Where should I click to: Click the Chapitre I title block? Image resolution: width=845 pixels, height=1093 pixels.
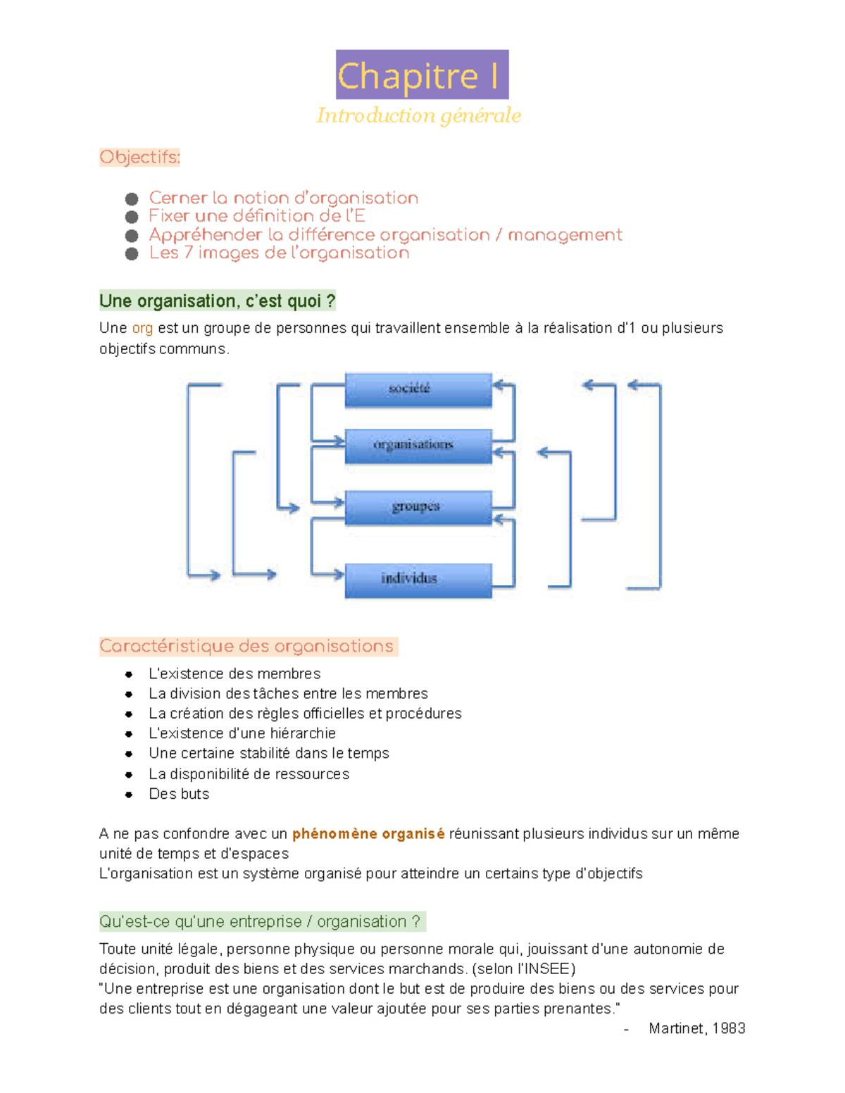click(x=422, y=75)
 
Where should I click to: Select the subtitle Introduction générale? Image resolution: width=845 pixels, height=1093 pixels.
click(x=419, y=115)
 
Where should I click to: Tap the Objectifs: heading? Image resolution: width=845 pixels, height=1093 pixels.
click(x=139, y=157)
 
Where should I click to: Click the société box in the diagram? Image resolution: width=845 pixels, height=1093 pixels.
click(x=418, y=390)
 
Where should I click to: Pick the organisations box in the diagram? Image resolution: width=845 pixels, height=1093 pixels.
click(x=418, y=446)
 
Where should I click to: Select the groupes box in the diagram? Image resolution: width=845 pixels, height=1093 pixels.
click(x=418, y=507)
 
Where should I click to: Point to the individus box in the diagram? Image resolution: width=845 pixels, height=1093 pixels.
click(x=418, y=580)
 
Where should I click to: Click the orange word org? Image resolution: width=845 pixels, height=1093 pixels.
click(x=142, y=328)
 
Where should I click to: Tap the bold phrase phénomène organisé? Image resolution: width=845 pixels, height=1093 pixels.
click(x=368, y=834)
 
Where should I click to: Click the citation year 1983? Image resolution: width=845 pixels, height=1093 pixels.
click(x=729, y=1028)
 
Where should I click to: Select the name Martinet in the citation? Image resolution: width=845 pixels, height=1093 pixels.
click(x=676, y=1028)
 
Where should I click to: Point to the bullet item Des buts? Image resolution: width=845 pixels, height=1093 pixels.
click(x=179, y=794)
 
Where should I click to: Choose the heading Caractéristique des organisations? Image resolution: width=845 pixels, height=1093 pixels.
click(x=246, y=646)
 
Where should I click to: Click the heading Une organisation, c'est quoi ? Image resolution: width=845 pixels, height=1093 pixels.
click(x=217, y=301)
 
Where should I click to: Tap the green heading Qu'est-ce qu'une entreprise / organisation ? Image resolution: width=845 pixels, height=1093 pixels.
click(x=260, y=921)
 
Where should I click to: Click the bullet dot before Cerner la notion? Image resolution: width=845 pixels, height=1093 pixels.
click(x=132, y=199)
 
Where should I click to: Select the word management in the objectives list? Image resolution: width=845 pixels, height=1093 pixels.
click(x=565, y=235)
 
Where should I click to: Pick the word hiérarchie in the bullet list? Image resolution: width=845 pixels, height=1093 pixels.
click(x=303, y=733)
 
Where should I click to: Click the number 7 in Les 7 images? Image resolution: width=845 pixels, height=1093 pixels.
click(x=188, y=253)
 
